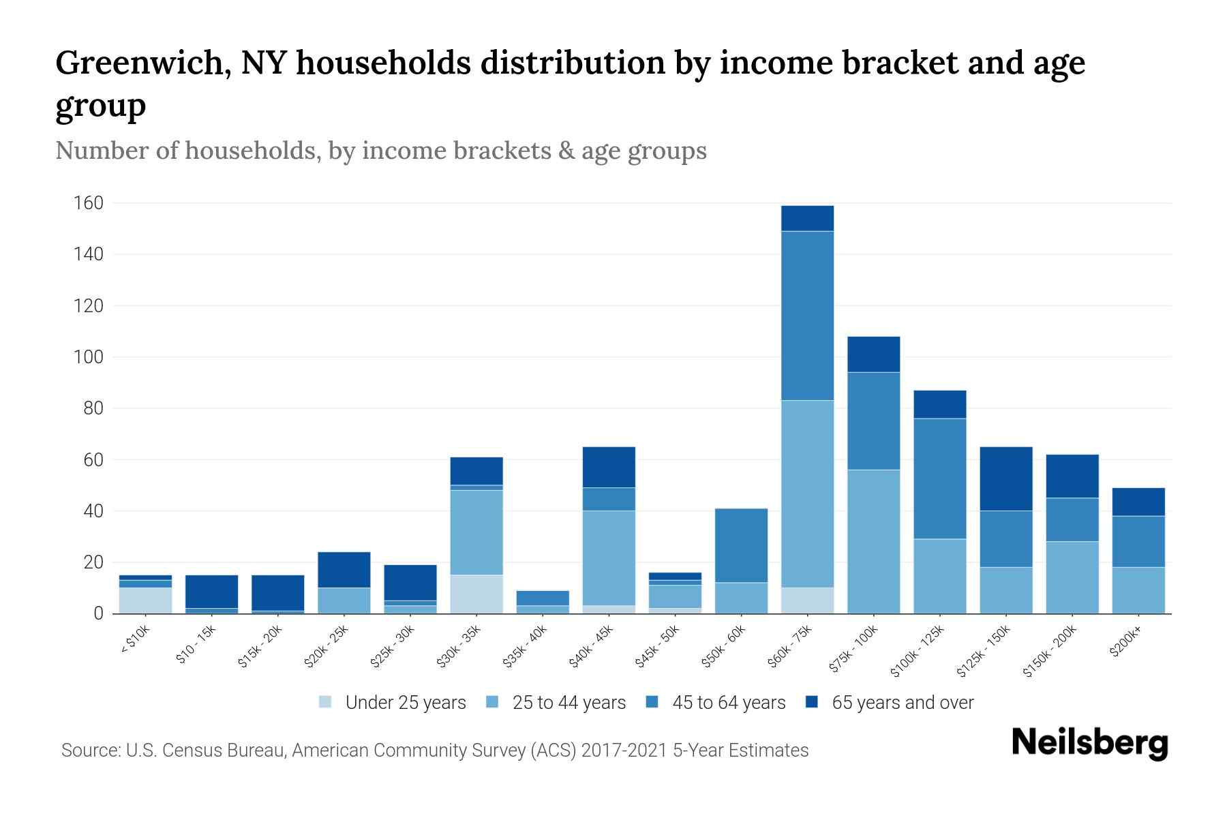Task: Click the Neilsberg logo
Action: pyautogui.click(x=1089, y=743)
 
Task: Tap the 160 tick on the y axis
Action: pyautogui.click(x=89, y=203)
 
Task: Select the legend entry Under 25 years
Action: pyautogui.click(x=406, y=703)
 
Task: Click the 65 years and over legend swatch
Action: pyautogui.click(x=812, y=702)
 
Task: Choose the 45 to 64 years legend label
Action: pyautogui.click(x=729, y=703)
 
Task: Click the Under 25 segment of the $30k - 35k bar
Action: pyautogui.click(x=476, y=594)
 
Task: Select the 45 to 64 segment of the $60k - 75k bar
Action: pyautogui.click(x=807, y=316)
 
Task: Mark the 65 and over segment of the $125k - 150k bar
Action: pyautogui.click(x=1006, y=479)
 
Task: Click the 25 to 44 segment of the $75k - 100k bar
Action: pyautogui.click(x=873, y=541)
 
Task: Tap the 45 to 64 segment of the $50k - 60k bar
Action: pyautogui.click(x=741, y=545)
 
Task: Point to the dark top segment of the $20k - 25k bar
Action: pyautogui.click(x=344, y=569)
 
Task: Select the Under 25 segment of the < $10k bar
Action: pyautogui.click(x=145, y=600)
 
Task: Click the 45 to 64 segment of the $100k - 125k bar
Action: pyautogui.click(x=940, y=479)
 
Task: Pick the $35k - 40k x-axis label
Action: pyautogui.click(x=525, y=646)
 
